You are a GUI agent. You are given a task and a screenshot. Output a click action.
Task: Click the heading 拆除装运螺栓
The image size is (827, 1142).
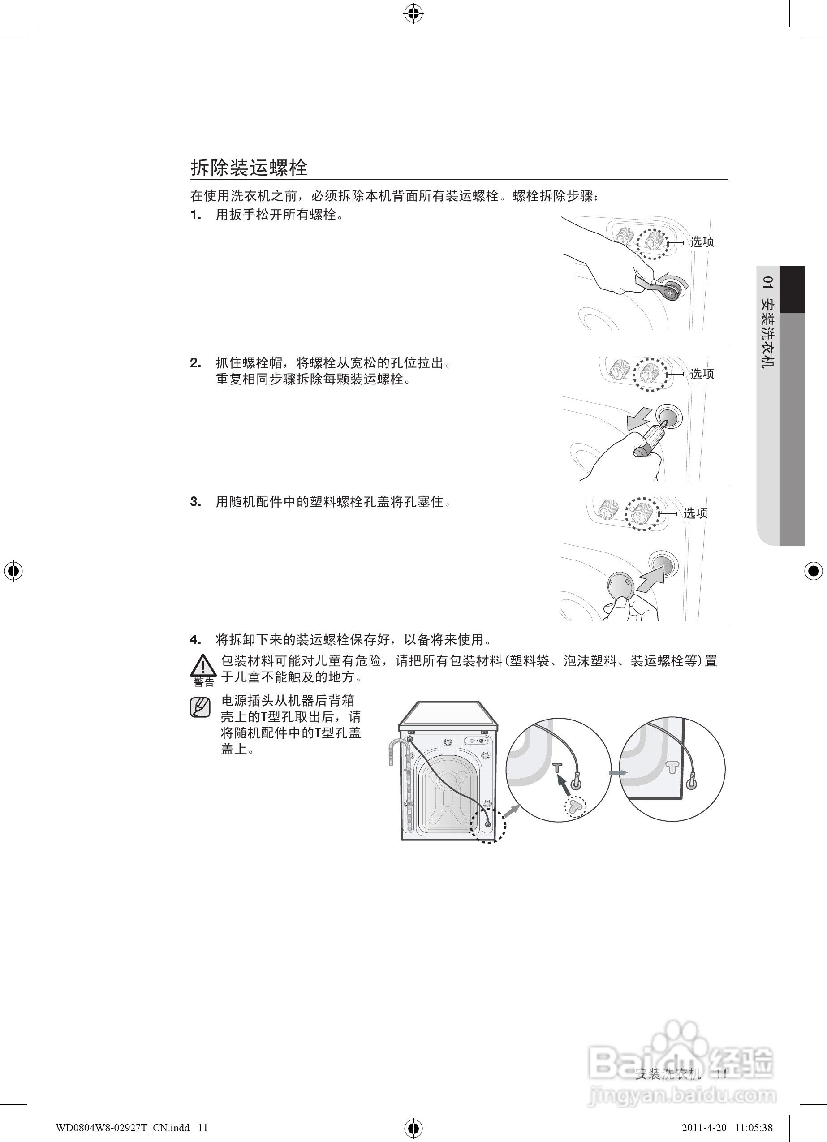coord(249,168)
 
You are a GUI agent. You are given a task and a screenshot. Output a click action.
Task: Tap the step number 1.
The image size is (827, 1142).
coord(195,215)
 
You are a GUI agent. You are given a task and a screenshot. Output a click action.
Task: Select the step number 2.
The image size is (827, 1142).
coord(195,363)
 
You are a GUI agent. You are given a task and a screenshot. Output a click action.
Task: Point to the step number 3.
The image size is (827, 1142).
coord(195,502)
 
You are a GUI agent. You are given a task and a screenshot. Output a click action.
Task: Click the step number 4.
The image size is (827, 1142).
coord(195,640)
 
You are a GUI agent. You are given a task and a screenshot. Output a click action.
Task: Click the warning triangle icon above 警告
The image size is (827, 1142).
coord(203,665)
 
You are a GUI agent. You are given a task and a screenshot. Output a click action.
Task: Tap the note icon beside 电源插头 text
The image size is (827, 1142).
coord(200,707)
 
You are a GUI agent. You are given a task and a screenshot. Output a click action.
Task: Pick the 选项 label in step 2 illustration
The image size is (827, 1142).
coord(702,374)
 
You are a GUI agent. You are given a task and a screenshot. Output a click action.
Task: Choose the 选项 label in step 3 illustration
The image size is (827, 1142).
coord(696,513)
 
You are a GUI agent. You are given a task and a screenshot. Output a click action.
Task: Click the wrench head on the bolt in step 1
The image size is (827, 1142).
coord(671,292)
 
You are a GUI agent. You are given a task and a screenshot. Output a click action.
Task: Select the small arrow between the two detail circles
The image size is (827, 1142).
coord(618,772)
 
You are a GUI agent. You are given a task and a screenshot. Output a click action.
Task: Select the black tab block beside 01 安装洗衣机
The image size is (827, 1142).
coord(792,289)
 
